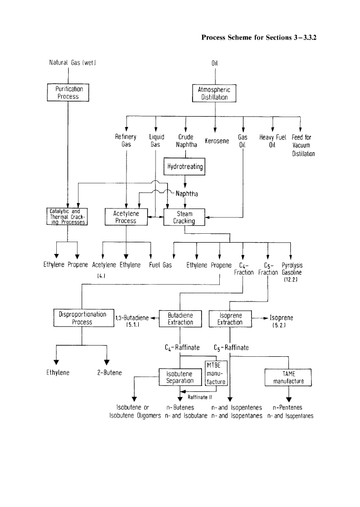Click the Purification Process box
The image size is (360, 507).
click(x=68, y=92)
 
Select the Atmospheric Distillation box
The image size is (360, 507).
click(x=214, y=93)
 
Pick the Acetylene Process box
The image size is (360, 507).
click(x=126, y=217)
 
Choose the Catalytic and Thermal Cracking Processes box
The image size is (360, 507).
click(x=67, y=216)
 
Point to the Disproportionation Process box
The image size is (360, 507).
click(x=82, y=318)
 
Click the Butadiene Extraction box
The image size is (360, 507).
click(x=180, y=318)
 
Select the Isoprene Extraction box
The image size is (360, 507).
click(x=230, y=318)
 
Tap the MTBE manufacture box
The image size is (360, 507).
click(x=216, y=374)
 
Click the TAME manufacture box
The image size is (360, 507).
click(x=289, y=378)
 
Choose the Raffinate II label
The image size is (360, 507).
click(x=200, y=397)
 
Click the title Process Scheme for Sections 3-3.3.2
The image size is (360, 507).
click(x=259, y=37)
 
